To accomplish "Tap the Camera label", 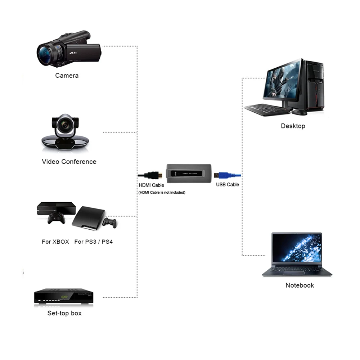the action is pos(67,76).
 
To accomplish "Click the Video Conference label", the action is pos(69,162).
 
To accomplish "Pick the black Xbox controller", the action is pos(57,218).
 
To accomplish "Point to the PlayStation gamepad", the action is pos(109,222).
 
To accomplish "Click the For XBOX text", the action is pos(55,242).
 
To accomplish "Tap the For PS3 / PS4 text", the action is pos(94,242).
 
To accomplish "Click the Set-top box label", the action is pos(64,313).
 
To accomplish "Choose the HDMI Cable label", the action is pos(151,185).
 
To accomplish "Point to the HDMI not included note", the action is pos(162,193).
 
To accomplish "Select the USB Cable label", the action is pos(228,185).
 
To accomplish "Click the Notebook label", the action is pos(300,285).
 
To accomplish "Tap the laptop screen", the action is pos(297,248).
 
